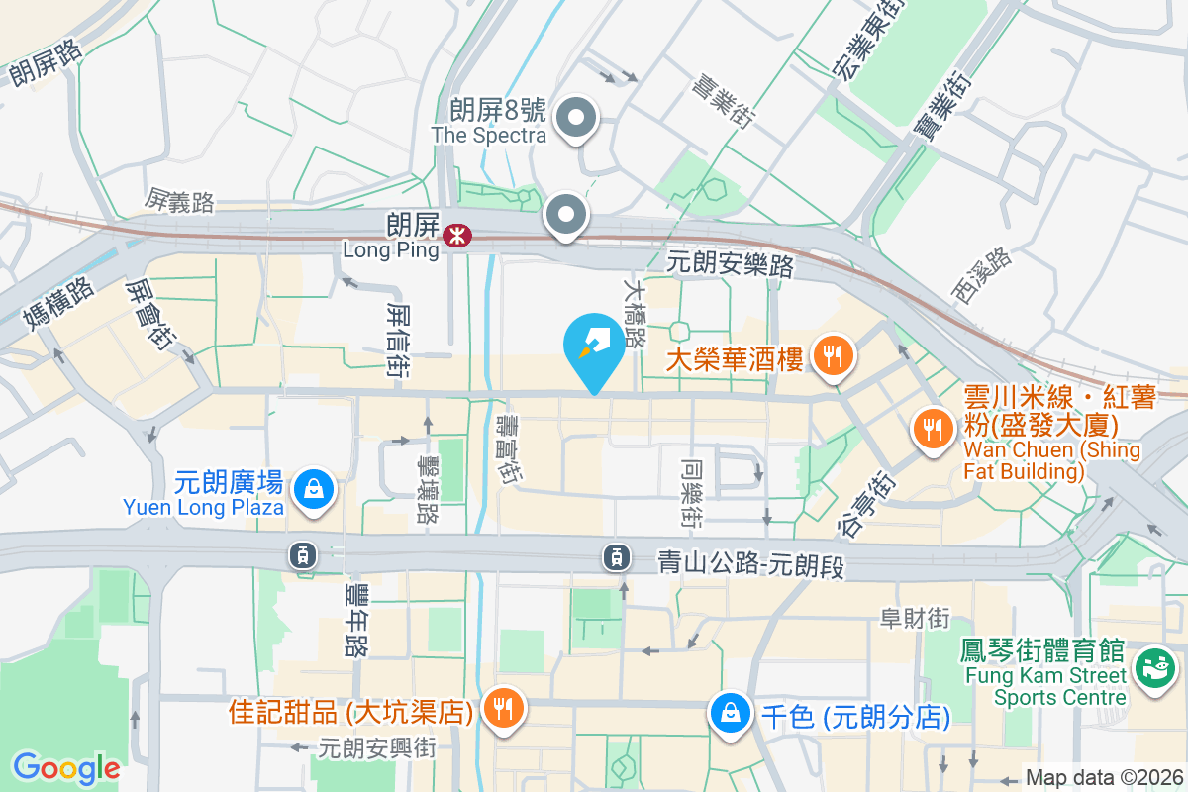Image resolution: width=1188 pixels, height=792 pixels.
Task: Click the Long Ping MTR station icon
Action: (456, 237)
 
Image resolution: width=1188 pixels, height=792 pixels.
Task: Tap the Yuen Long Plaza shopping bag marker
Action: (314, 488)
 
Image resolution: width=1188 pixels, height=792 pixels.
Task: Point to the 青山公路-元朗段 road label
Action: (753, 562)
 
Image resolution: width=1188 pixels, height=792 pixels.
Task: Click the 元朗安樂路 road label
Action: (731, 263)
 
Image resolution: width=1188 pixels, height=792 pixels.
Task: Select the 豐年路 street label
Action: (355, 621)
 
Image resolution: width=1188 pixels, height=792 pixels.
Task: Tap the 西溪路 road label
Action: (981, 274)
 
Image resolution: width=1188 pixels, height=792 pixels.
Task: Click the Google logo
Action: (66, 768)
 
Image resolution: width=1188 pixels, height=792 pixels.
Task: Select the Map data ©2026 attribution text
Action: (1104, 777)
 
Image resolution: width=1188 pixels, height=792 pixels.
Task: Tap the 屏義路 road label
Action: (178, 203)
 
